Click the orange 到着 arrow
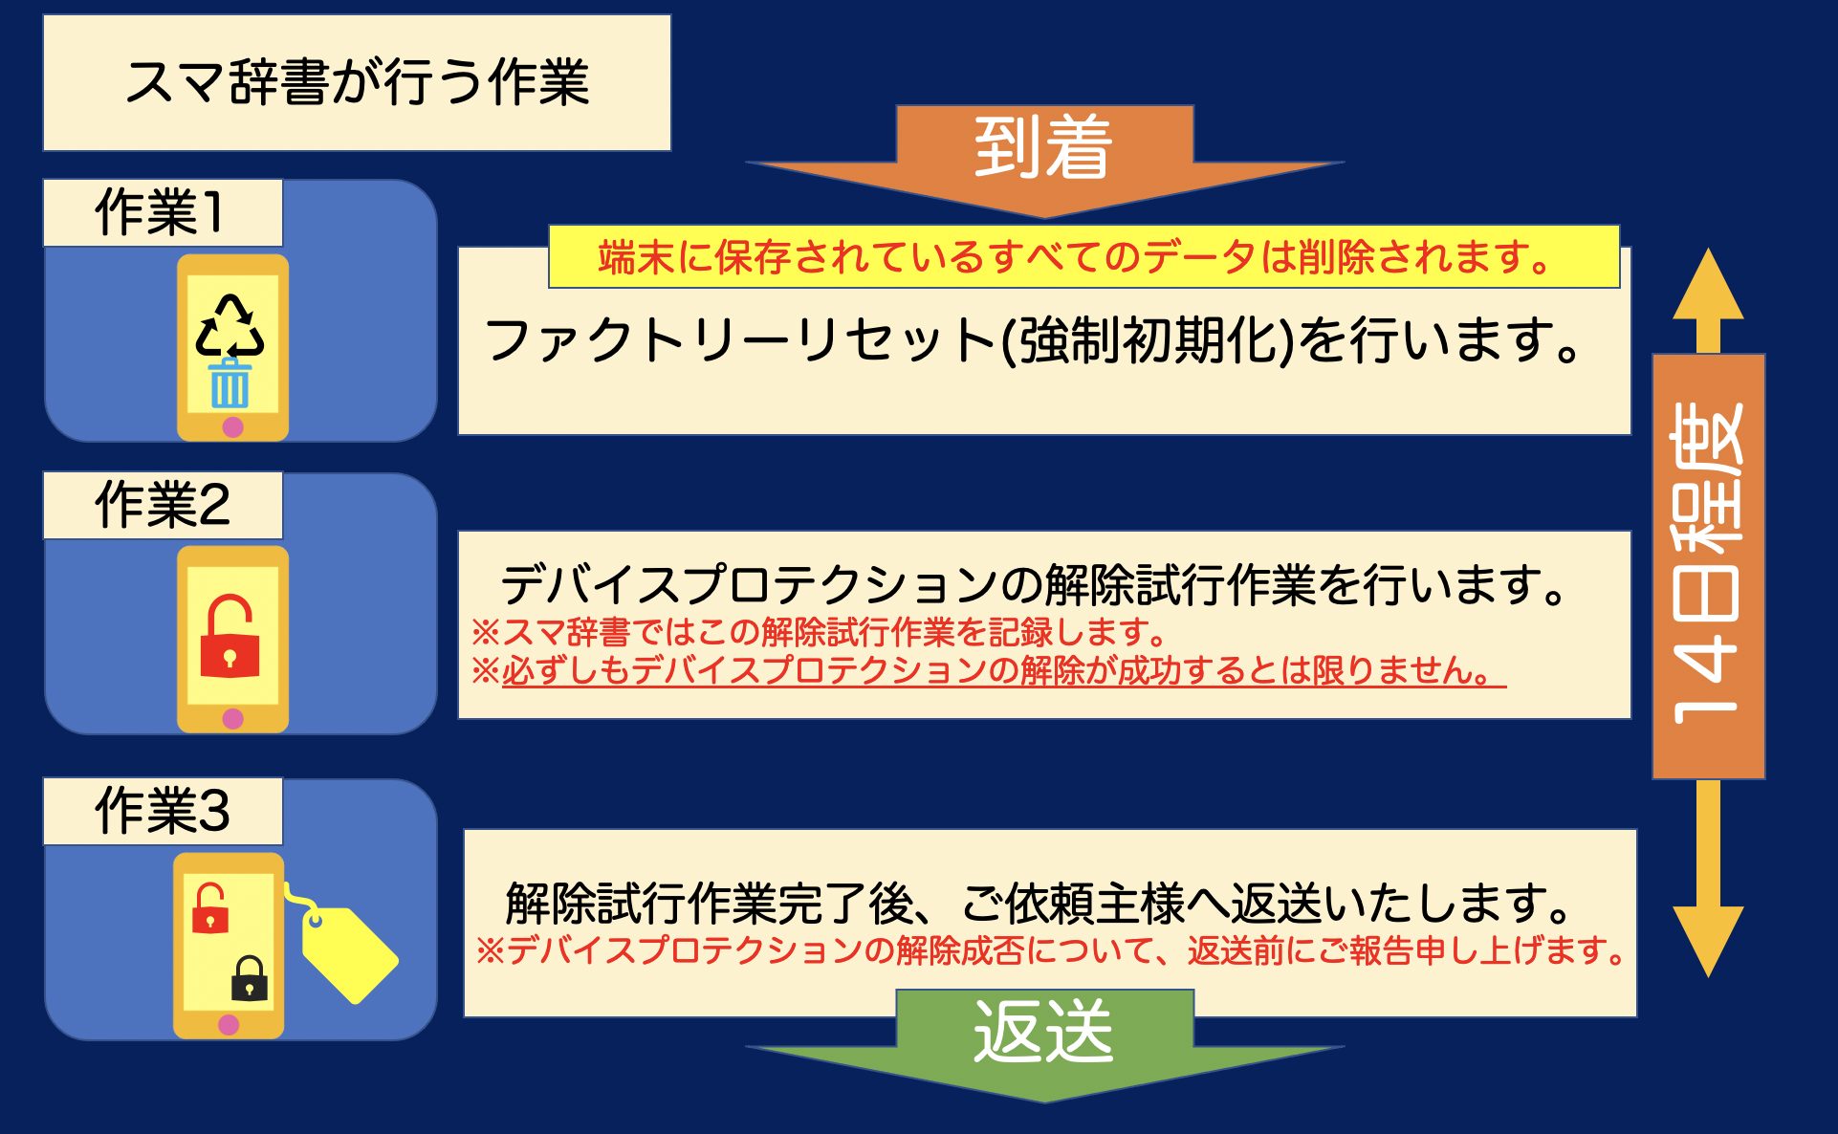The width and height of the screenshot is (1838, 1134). pos(1044,158)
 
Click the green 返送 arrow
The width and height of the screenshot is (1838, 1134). pos(1044,1042)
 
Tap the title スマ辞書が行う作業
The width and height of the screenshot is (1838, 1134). pos(357,82)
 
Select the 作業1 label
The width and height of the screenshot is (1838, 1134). pos(163,212)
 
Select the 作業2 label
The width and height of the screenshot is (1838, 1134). pos(163,505)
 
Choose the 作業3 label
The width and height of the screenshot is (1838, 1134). pos(163,811)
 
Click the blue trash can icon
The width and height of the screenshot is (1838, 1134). pos(230,382)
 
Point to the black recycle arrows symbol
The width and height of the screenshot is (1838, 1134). pos(230,326)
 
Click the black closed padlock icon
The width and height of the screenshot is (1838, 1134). pos(250,977)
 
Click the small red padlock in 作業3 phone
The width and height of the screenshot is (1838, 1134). pos(210,907)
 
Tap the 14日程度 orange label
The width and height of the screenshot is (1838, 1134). pos(1709,566)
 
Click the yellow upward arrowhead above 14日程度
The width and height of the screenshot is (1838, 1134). pos(1709,285)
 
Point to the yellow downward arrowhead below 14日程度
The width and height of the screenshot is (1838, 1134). pos(1709,942)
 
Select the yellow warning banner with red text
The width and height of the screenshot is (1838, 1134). pos(1083,257)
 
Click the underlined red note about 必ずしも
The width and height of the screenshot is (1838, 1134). pos(988,670)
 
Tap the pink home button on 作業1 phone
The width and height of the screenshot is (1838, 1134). pos(232,426)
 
